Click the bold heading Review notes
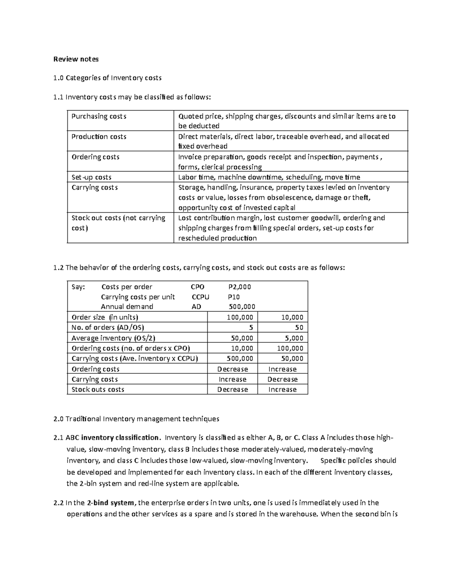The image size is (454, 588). (x=76, y=59)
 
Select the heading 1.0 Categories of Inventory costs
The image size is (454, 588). (x=107, y=78)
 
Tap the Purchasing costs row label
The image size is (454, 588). (x=99, y=116)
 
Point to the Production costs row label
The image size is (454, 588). (x=99, y=137)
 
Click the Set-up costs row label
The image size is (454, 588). (x=91, y=177)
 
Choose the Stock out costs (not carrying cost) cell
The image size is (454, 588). (x=118, y=223)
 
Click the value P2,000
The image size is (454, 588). (x=240, y=287)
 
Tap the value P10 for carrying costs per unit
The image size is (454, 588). (x=234, y=297)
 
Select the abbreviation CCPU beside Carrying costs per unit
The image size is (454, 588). (x=200, y=297)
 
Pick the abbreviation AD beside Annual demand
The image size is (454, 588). (x=196, y=307)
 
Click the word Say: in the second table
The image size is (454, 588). (x=79, y=287)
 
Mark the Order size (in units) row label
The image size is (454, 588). (x=105, y=317)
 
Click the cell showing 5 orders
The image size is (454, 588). (x=251, y=328)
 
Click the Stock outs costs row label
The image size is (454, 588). (x=98, y=390)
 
